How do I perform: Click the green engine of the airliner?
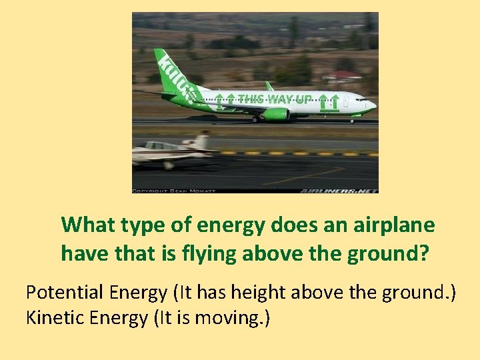[275, 114]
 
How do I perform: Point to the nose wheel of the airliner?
[352, 121]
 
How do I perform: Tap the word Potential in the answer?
[59, 292]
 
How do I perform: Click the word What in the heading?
[87, 225]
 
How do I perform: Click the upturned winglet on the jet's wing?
[269, 86]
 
